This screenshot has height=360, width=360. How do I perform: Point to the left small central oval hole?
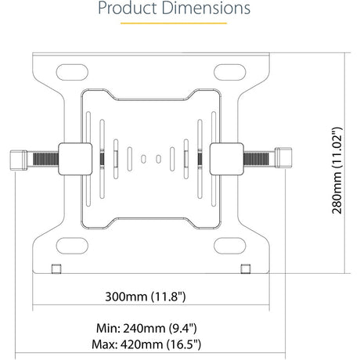click(143, 159)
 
